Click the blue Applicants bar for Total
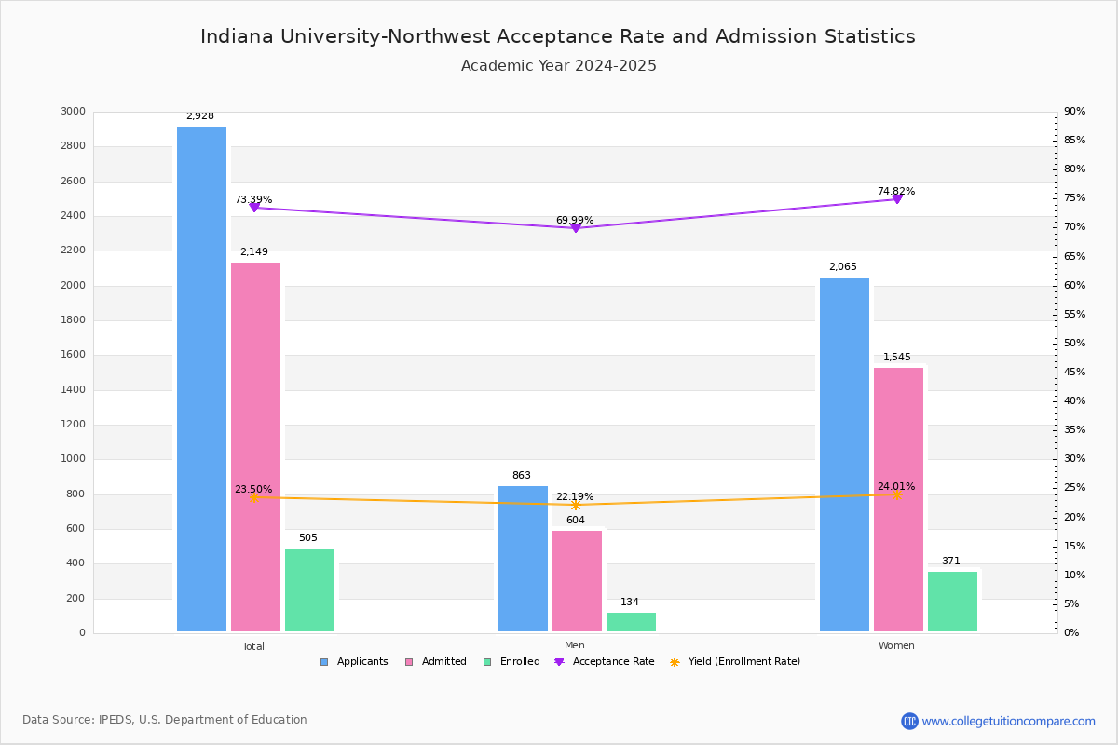click(x=201, y=379)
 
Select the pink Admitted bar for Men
click(x=577, y=581)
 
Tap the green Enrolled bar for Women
click(x=952, y=602)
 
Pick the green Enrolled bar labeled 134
click(x=631, y=622)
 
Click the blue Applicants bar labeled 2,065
click(x=844, y=454)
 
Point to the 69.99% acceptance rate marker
click(x=576, y=228)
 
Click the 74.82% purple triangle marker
click(x=897, y=199)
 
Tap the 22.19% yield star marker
click(x=576, y=506)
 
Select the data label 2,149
click(x=254, y=252)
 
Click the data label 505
click(x=308, y=537)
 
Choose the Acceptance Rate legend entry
click(x=604, y=662)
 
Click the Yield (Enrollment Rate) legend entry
click(x=735, y=662)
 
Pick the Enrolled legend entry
click(x=511, y=662)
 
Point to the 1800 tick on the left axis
click(x=73, y=319)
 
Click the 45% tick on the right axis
click(x=1074, y=372)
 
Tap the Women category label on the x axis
click(x=896, y=645)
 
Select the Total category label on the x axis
click(x=253, y=646)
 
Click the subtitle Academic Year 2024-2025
click(x=558, y=66)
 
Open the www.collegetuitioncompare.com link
click(x=1008, y=721)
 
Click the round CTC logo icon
click(x=909, y=721)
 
